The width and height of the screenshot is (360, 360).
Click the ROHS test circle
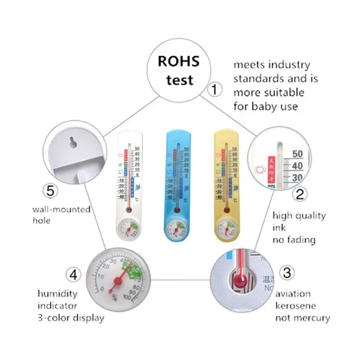tap(180, 71)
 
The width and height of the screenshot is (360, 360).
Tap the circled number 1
tap(215, 90)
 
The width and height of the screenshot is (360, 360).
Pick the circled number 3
tap(287, 273)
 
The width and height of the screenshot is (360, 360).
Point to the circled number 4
tap(73, 274)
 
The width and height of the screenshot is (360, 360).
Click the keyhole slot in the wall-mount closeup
tap(72, 144)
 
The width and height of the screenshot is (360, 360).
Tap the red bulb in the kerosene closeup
tap(238, 283)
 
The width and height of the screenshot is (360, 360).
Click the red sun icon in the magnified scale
tap(260, 170)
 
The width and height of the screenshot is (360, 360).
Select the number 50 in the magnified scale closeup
tap(297, 154)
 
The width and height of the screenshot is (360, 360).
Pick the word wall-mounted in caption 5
tap(61, 209)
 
